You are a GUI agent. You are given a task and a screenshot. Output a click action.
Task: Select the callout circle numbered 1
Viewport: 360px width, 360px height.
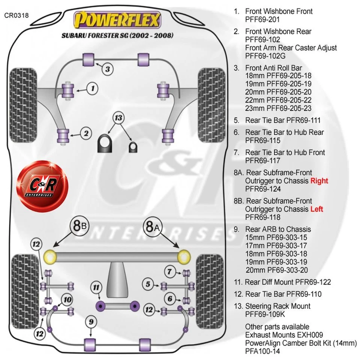tap(92, 88)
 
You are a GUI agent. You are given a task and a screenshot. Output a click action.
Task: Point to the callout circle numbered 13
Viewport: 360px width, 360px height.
tap(118, 118)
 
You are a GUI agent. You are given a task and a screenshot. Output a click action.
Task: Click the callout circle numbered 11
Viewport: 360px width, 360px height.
tap(97, 288)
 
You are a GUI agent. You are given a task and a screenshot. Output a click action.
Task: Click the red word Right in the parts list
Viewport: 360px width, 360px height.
tap(319, 181)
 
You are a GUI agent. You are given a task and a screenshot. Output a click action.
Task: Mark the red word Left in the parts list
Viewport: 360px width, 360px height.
tap(316, 209)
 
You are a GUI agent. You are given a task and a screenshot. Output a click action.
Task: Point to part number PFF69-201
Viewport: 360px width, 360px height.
tap(262, 19)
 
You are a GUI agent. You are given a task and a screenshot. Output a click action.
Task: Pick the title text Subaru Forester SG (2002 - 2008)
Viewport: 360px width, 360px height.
tap(117, 36)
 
